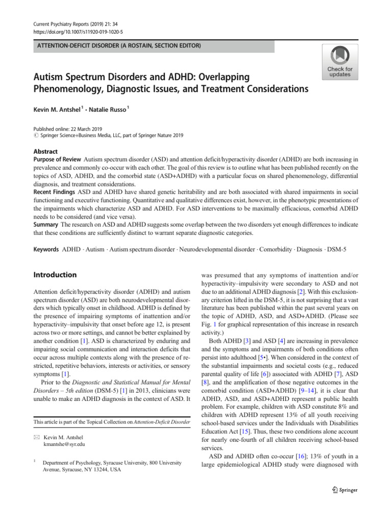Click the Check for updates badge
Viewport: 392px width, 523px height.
tap(339, 62)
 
